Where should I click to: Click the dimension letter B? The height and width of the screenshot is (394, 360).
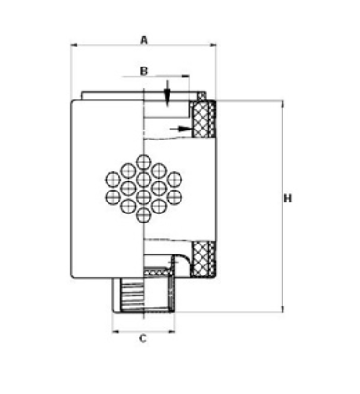point(143,70)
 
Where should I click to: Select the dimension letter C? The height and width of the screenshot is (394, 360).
point(142,339)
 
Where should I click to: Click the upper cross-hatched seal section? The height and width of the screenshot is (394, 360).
point(205,119)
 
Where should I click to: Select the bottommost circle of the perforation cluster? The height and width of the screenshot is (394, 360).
point(143,216)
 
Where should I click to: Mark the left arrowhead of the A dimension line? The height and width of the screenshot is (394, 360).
point(74,44)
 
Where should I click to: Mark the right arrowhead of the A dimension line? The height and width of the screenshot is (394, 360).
point(215,44)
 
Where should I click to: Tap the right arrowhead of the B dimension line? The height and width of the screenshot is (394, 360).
point(187,78)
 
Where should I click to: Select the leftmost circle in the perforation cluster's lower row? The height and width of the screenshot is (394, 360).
point(111,197)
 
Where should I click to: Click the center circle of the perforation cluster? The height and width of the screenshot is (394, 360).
point(143,188)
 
